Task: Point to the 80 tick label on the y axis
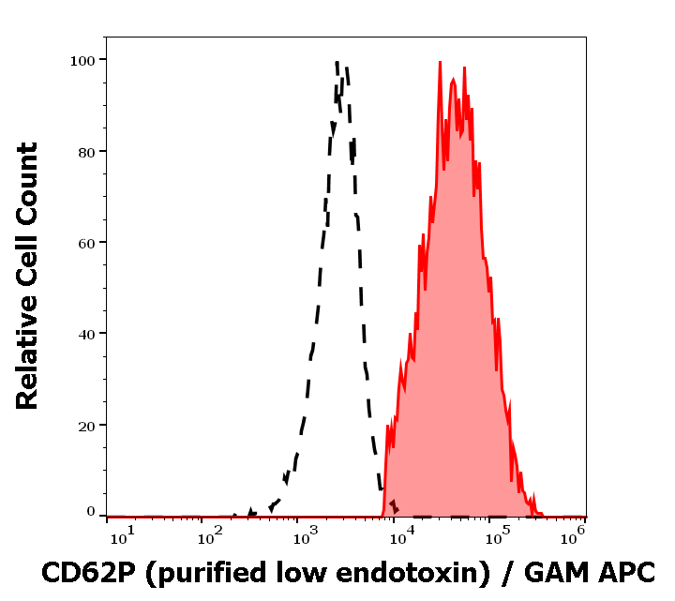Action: (x=85, y=151)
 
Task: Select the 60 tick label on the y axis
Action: (x=85, y=242)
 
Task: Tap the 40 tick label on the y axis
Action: (x=85, y=333)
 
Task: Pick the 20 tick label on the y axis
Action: (x=85, y=425)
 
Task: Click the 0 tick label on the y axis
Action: (x=91, y=512)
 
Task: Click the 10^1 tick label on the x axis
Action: (x=122, y=536)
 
